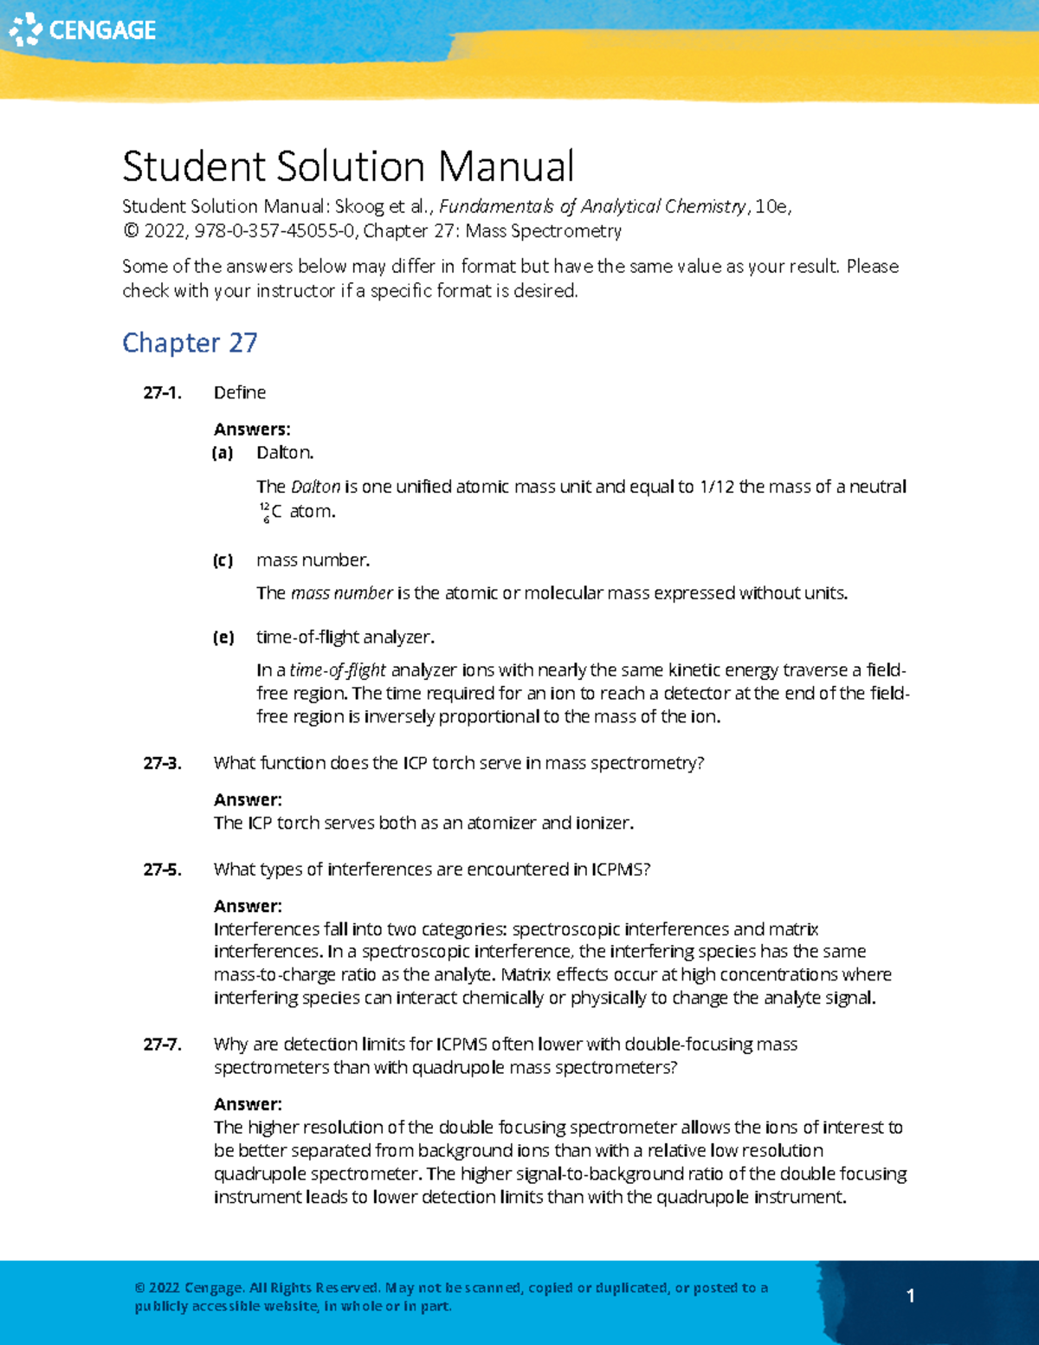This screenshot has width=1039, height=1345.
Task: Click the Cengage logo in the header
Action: [82, 29]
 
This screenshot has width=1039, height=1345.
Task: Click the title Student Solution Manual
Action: [348, 166]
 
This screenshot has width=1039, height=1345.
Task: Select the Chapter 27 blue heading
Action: [190, 343]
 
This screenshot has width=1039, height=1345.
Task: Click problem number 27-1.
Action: [162, 393]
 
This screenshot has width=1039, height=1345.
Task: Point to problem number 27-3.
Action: [162, 764]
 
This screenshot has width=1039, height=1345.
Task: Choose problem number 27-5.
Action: [162, 870]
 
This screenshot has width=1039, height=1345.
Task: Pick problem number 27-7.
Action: [162, 1045]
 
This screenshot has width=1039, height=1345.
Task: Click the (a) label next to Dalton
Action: [223, 453]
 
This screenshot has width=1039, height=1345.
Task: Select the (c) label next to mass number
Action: [223, 561]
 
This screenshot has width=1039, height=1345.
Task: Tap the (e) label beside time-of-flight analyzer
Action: [223, 638]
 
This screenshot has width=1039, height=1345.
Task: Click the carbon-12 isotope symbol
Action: [271, 513]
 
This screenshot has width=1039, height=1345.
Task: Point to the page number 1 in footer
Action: [910, 1297]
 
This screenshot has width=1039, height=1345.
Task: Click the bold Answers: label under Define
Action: [252, 430]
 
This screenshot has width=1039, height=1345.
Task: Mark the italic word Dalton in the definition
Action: [315, 488]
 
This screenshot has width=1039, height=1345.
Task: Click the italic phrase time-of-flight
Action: [338, 671]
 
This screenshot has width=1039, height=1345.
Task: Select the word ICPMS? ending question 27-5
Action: [620, 870]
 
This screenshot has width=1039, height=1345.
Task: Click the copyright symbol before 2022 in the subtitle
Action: [131, 231]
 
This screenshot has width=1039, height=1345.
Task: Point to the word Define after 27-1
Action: [240, 393]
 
